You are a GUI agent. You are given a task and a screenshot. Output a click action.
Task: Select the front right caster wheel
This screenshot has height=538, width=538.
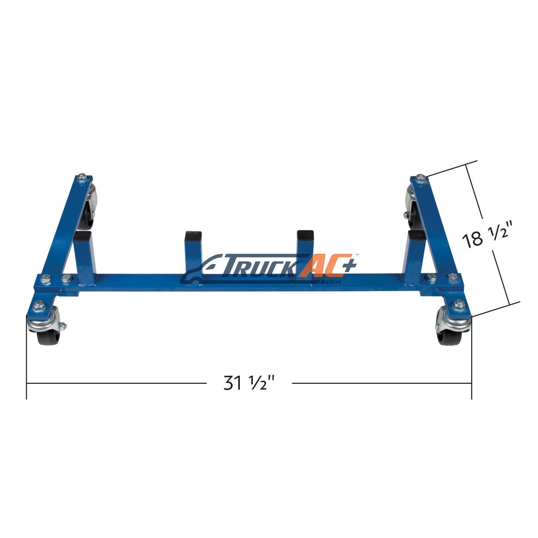(453, 330)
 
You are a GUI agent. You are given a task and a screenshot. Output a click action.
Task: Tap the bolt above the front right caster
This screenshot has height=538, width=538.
(458, 304)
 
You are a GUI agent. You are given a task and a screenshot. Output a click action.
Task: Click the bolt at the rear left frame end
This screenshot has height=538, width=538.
(82, 177)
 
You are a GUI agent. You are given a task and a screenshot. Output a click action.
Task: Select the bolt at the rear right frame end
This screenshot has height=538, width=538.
(420, 178)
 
